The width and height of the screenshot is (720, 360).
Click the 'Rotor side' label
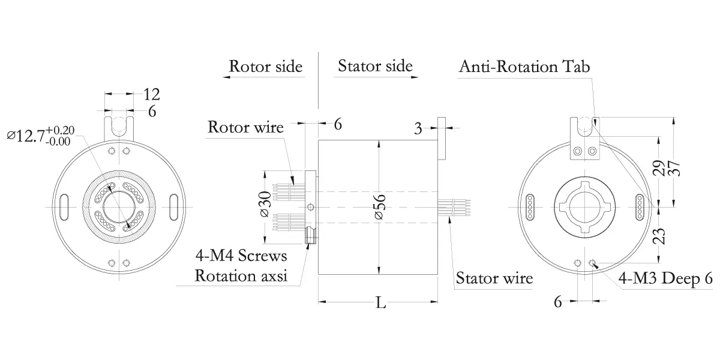tap(266, 66)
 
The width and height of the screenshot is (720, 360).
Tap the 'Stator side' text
tap(375, 65)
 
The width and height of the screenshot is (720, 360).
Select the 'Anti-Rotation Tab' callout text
tap(524, 67)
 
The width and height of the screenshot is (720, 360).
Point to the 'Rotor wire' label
tap(245, 127)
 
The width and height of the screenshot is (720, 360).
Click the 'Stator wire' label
tap(494, 278)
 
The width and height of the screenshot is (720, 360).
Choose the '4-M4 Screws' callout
tap(241, 257)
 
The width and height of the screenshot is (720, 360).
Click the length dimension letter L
tap(380, 303)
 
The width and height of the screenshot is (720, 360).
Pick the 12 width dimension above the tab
tap(152, 94)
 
